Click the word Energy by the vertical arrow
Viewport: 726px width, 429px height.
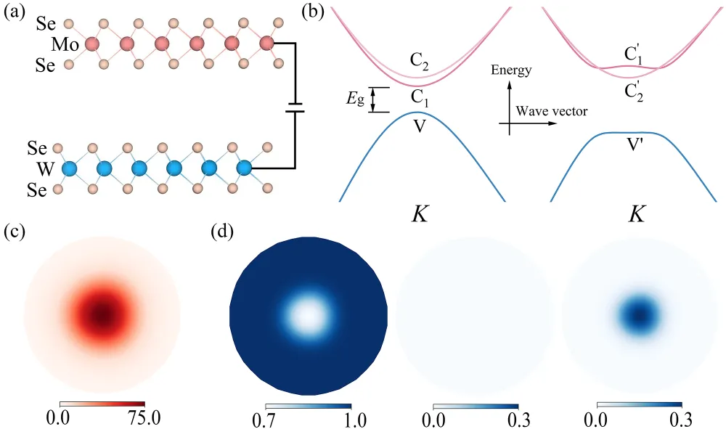click(x=531, y=70)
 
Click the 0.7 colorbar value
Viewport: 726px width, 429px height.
click(x=266, y=418)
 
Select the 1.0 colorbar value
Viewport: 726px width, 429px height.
click(x=351, y=418)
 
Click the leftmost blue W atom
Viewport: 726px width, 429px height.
click(x=70, y=170)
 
